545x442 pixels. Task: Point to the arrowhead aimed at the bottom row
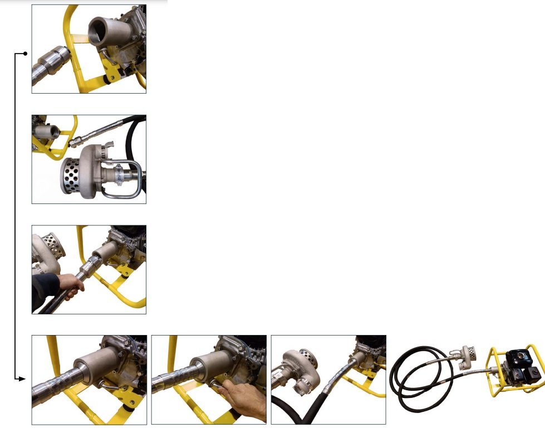[22, 379]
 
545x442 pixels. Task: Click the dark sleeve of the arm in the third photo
[45, 290]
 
